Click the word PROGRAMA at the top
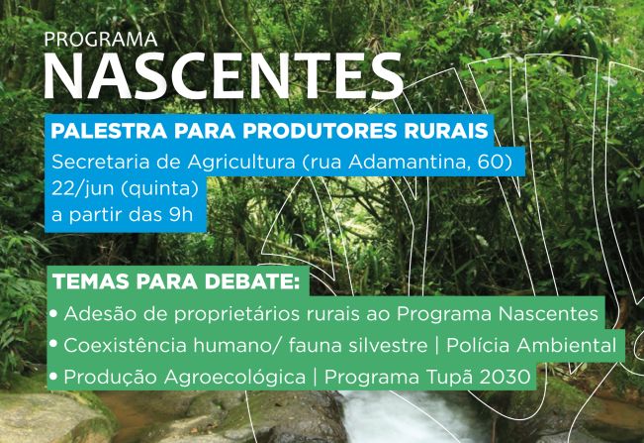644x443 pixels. [100, 41]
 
